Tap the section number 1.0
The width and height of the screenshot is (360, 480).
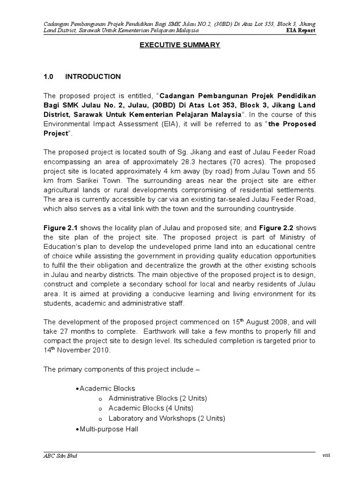point(49,76)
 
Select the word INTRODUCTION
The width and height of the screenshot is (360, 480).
point(93,76)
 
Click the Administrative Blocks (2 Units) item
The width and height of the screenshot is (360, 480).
point(157,398)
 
